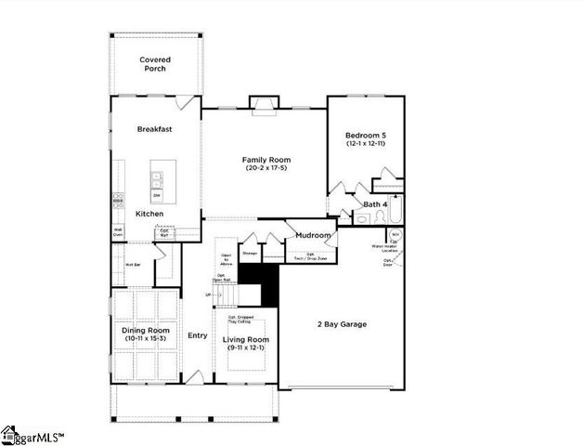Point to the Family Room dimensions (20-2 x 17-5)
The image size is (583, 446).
point(264,168)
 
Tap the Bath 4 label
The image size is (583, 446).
point(374,203)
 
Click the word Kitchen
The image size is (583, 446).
point(149,214)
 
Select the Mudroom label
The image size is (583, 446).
point(314,235)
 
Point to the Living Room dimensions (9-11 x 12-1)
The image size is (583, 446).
point(245,348)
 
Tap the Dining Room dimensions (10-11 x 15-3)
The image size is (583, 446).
point(145,338)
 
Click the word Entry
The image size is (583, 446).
point(197,335)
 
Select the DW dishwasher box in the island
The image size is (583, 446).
point(157,195)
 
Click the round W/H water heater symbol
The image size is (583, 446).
point(395,235)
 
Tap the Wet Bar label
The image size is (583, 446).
point(132,265)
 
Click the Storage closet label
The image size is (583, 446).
point(250,253)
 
